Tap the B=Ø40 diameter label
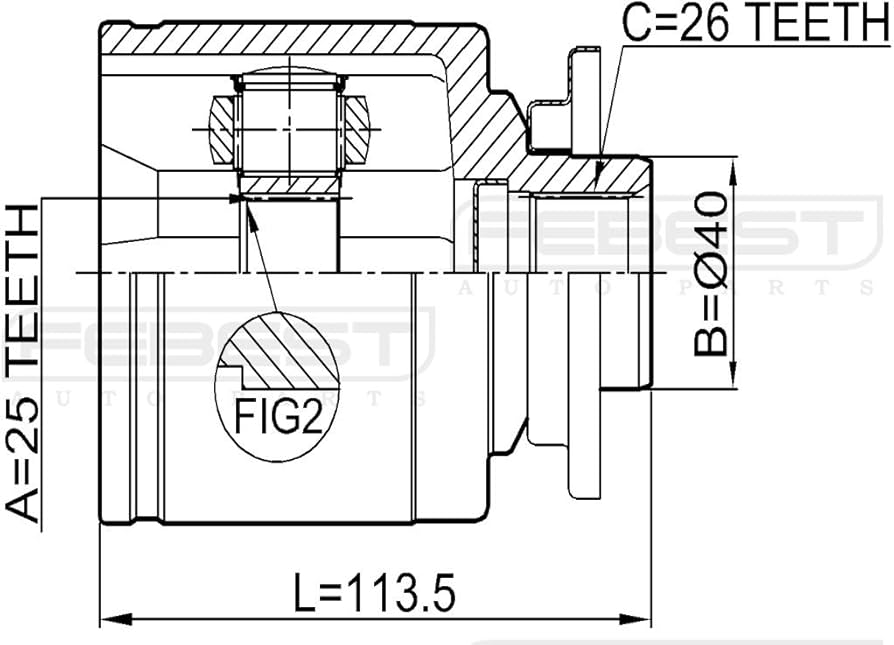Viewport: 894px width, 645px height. [711, 274]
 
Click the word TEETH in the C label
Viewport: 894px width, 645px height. [810, 22]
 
